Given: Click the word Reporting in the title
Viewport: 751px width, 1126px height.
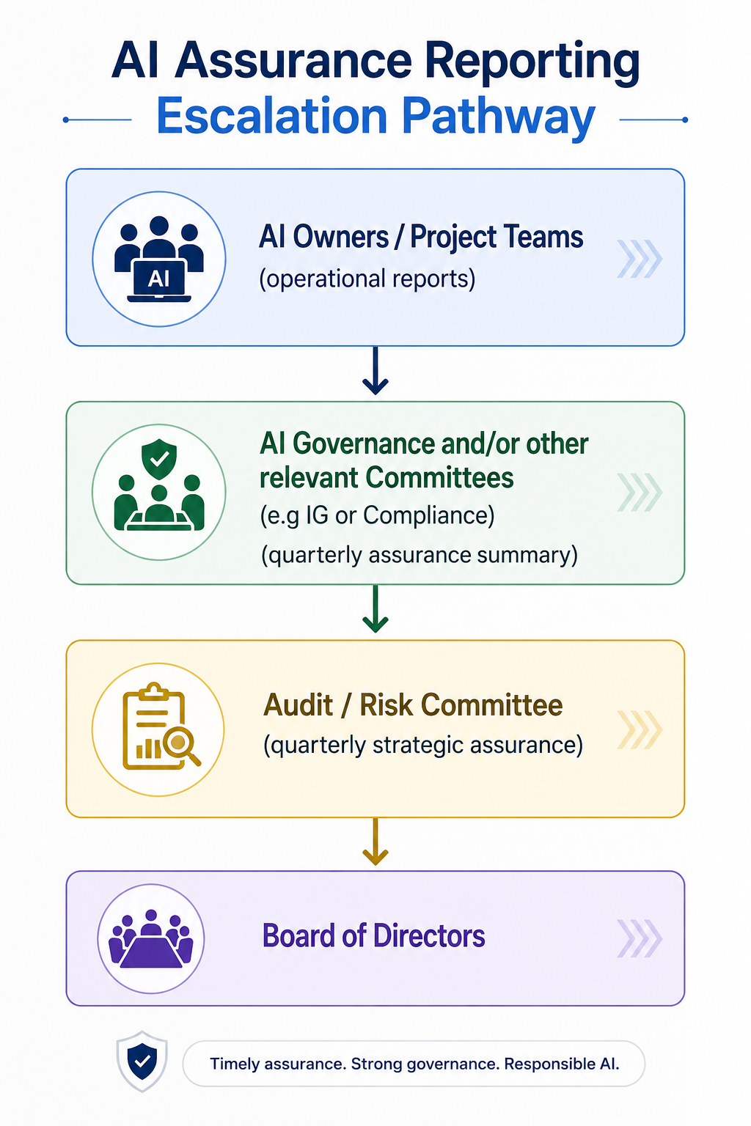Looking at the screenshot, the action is coord(532,62).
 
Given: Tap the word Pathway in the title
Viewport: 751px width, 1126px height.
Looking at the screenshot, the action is coord(498,119).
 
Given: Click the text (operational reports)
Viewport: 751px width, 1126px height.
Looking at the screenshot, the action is coord(367,279).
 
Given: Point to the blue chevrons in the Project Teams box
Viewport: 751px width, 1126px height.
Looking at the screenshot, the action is coord(640,259).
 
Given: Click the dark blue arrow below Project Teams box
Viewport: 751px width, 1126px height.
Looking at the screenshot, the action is coord(375,370).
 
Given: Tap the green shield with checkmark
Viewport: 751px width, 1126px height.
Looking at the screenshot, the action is coord(159,459).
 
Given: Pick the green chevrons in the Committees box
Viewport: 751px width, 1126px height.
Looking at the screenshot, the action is coord(640,492).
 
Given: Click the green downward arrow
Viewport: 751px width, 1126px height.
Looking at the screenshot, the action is coord(375,608).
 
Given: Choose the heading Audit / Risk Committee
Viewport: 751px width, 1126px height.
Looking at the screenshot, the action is coord(413,704).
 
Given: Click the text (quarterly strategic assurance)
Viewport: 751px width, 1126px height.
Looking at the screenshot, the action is coord(423,745).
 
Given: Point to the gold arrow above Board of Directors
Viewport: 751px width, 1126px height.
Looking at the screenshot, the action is coord(375,841).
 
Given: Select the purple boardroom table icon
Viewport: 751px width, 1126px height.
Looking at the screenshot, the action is coord(151,938).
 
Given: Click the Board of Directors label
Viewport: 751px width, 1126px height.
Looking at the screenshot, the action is coord(374,935).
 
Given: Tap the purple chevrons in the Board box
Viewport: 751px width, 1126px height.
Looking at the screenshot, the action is coord(640,938).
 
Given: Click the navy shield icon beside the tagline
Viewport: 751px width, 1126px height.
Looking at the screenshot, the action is coord(142,1061).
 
